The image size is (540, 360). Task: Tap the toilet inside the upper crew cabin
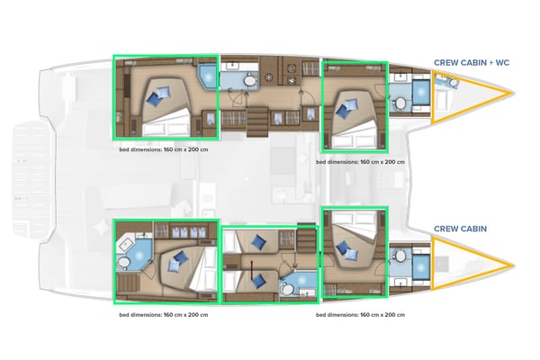tap(453, 84)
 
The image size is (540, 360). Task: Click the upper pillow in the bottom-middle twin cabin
tap(259, 241)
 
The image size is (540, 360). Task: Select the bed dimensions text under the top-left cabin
tap(165, 151)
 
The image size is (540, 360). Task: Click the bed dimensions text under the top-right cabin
tap(360, 163)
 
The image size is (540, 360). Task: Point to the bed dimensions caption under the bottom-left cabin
tap(165, 315)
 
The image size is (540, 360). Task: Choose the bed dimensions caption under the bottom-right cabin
tap(360, 315)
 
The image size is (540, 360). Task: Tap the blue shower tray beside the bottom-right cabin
tap(420, 266)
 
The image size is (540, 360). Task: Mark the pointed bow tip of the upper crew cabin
tap(509, 93)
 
